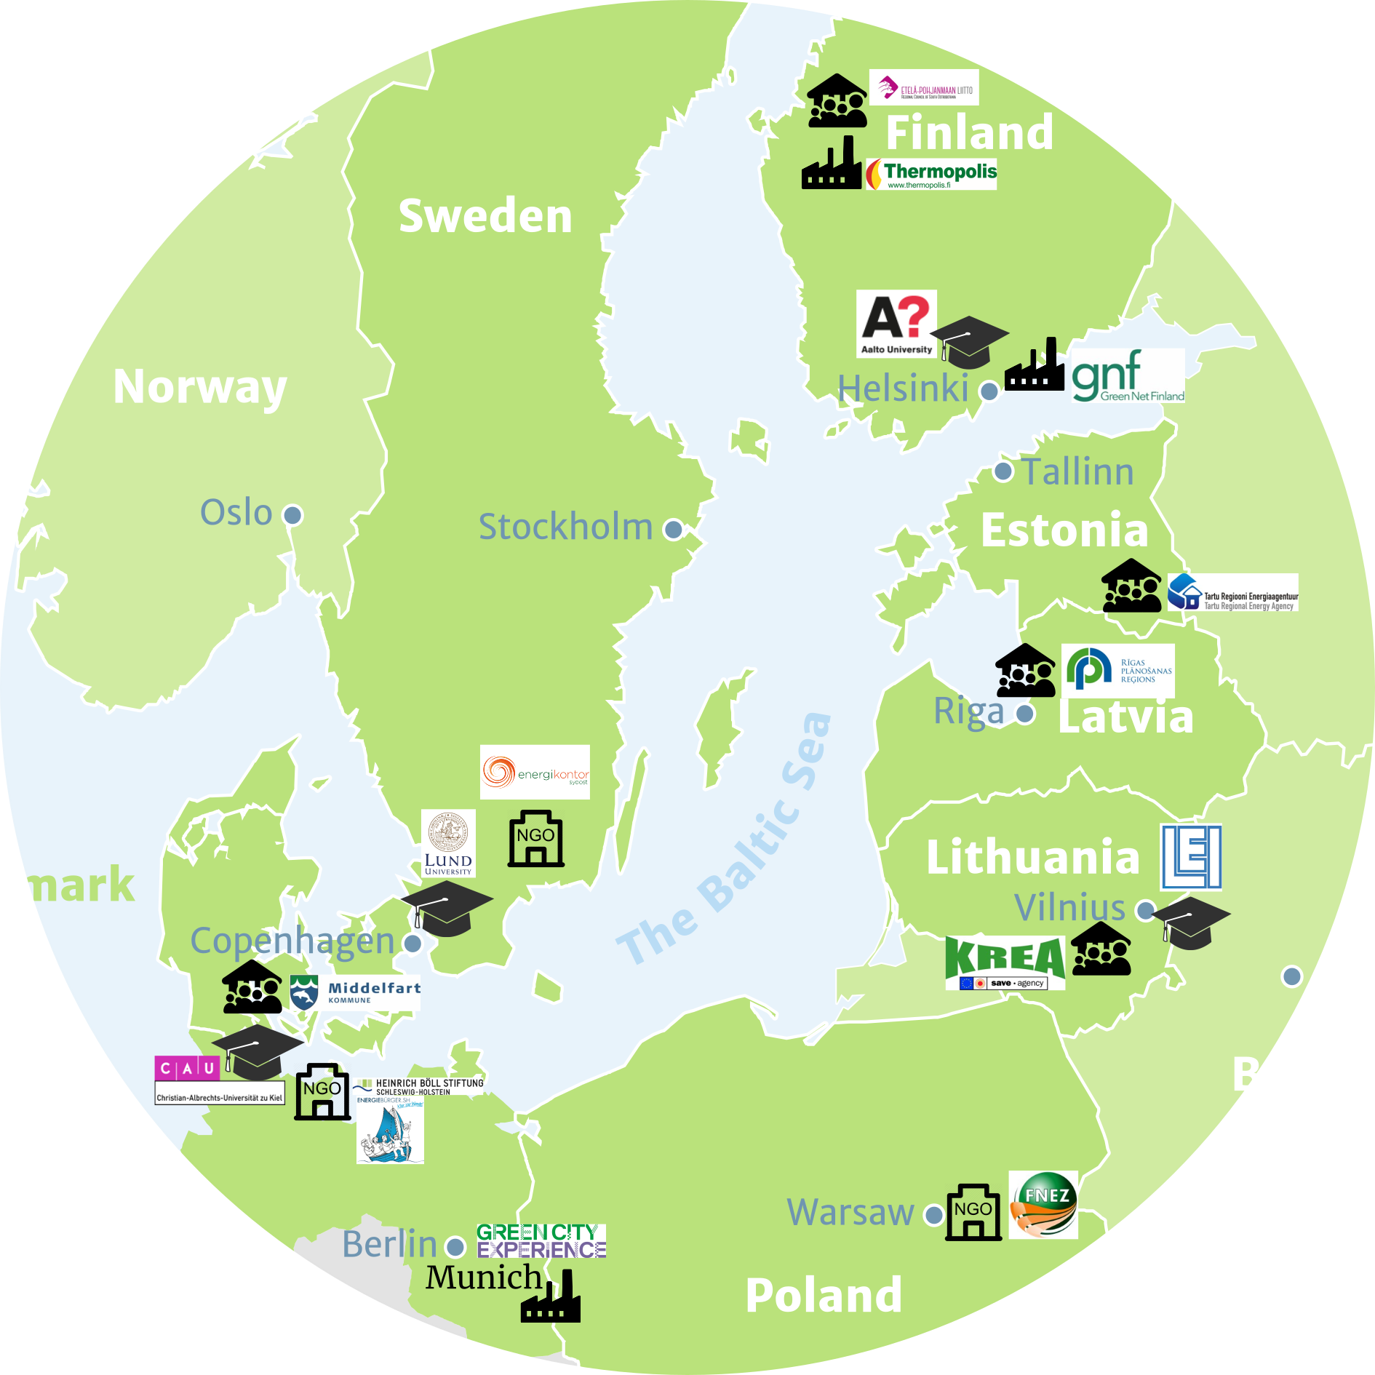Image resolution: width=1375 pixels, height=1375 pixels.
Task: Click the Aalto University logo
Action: (x=896, y=324)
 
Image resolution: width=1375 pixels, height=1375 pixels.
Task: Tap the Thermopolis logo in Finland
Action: (x=931, y=175)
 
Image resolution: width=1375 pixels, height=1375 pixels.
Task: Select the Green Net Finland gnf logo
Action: (x=1128, y=375)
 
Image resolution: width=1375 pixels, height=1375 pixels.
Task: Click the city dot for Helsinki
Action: (x=989, y=391)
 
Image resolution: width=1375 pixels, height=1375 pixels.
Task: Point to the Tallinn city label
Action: (x=1077, y=471)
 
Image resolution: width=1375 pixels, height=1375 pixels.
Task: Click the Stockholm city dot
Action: (x=674, y=529)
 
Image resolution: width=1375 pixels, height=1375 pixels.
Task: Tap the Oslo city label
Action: (x=236, y=512)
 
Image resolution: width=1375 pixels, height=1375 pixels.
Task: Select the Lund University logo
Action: (x=448, y=843)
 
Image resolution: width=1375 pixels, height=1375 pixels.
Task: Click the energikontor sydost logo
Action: (x=535, y=772)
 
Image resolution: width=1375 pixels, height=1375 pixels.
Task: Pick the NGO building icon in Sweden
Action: (x=535, y=839)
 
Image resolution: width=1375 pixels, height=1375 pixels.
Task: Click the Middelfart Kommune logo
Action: (x=355, y=992)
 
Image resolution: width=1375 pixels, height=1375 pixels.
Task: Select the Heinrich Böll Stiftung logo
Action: (x=420, y=1087)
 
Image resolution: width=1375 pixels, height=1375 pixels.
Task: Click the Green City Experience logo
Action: (x=541, y=1241)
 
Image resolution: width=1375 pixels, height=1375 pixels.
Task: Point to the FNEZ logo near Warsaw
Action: (x=1043, y=1205)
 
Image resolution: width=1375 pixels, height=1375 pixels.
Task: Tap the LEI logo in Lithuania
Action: (x=1191, y=857)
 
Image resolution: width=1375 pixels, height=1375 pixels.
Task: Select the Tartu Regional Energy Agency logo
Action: (x=1232, y=592)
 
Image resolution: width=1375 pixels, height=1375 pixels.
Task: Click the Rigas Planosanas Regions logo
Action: (x=1117, y=671)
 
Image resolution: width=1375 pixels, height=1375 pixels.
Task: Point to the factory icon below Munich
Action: (x=551, y=1297)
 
